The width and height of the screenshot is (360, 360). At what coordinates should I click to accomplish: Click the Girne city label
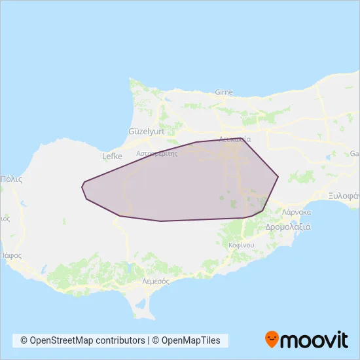tap(223, 92)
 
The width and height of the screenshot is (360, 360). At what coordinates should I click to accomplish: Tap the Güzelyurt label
tap(146, 131)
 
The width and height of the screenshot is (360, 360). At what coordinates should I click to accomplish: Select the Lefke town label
tap(113, 156)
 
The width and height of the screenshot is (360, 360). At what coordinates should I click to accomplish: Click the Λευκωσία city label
tap(236, 139)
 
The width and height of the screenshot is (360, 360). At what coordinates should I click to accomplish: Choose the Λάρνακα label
tap(297, 212)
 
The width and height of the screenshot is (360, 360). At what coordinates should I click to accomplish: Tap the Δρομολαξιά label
tap(288, 227)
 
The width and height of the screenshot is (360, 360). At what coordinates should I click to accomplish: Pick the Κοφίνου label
tap(241, 244)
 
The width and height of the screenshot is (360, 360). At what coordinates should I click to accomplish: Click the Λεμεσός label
tap(156, 280)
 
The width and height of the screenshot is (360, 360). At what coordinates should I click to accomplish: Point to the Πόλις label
tap(12, 178)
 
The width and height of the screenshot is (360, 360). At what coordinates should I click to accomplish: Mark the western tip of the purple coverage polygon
tap(82, 187)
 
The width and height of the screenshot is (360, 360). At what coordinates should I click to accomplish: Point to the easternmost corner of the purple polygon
tap(279, 176)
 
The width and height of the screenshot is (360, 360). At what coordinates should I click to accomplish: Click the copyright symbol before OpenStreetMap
tap(24, 340)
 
